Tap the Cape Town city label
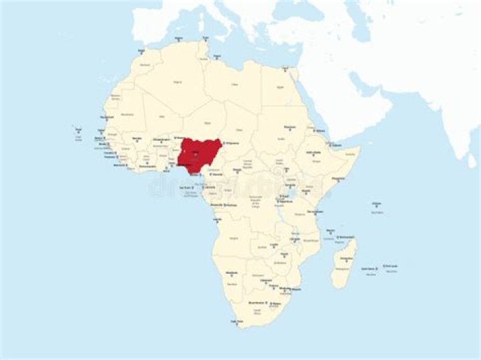236,321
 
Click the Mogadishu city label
339,178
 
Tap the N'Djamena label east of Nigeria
231,143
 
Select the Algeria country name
178,81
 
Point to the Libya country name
234,85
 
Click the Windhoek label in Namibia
232,273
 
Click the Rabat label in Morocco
141,50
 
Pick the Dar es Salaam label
315,212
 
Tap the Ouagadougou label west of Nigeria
161,139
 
